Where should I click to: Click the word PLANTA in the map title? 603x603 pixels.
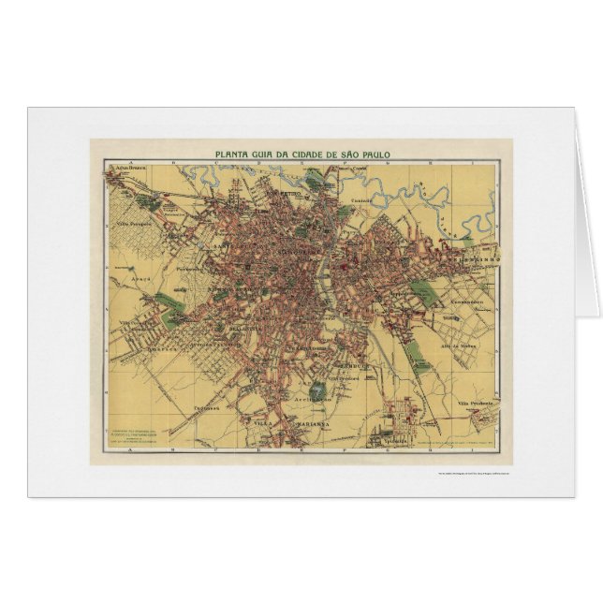[x=234, y=155]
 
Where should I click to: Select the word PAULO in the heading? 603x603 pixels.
[x=375, y=155]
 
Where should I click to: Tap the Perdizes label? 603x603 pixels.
[x=189, y=270]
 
